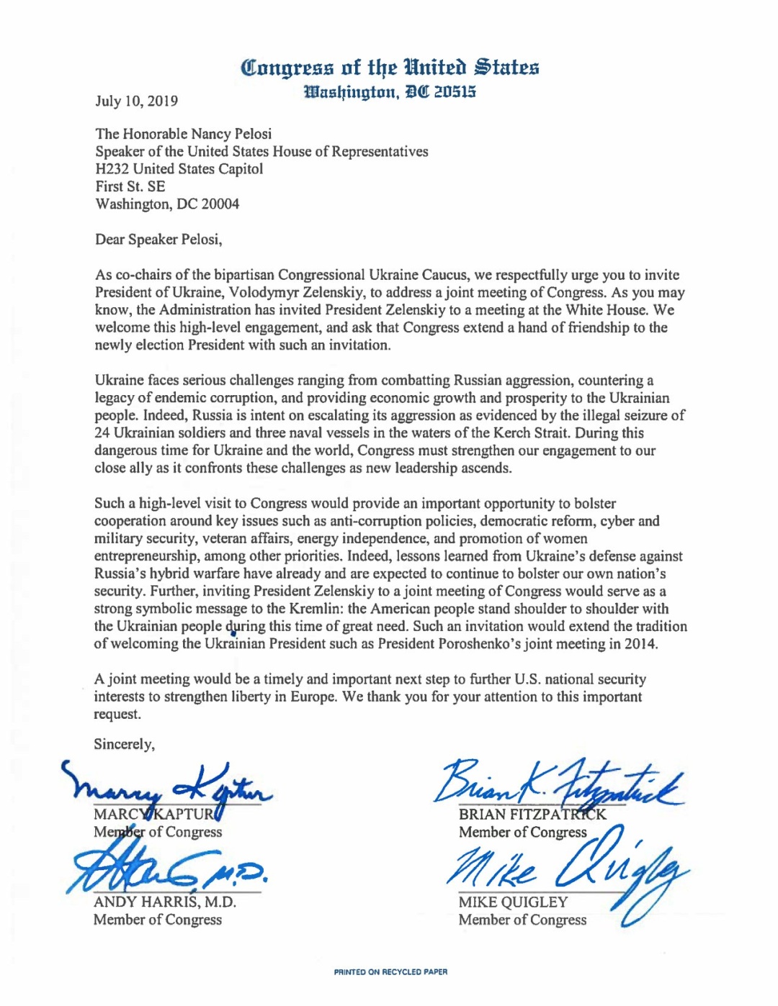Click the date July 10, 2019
136,101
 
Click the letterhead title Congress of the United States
390,68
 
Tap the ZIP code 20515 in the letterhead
455,92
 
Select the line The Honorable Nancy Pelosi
183,134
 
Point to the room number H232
112,169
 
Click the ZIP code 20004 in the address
220,204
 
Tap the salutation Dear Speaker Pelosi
158,240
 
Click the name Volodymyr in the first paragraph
260,293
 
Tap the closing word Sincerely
124,744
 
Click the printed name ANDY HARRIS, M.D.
164,902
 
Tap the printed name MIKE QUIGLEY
513,902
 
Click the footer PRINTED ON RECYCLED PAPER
390,972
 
